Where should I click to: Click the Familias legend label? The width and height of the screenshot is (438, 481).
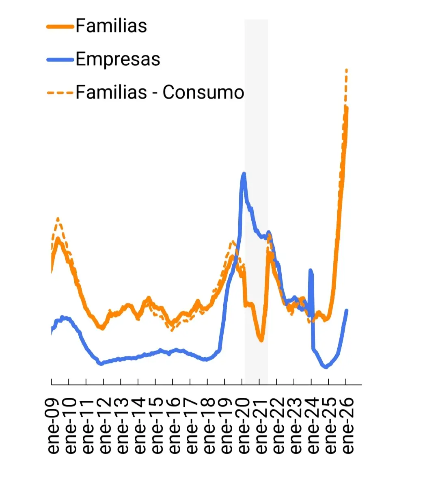111,26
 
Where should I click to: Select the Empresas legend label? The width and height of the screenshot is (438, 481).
118,59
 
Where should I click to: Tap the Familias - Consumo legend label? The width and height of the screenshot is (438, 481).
160,92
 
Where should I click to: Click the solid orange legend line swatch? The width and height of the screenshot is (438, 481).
60,26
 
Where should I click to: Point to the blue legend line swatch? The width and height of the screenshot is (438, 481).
60,60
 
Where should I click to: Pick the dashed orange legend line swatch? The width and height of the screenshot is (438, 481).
60,93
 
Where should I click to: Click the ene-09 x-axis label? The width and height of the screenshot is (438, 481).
53,425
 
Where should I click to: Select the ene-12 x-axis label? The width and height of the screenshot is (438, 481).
105,425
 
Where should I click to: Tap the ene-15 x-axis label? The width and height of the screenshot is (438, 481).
157,425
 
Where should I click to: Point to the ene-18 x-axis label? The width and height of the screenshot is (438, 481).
209,425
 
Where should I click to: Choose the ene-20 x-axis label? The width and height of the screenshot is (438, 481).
244,425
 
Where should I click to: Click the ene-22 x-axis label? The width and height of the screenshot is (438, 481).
278,425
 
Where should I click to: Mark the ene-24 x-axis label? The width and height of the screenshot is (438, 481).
313,425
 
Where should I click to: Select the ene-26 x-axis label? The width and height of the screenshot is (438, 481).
348,425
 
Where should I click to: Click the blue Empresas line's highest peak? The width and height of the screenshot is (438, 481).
244,174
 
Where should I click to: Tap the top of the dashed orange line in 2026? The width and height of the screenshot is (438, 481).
346,70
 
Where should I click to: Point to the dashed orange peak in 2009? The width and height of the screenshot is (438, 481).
58,218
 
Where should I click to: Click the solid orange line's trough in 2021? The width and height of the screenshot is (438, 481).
261,340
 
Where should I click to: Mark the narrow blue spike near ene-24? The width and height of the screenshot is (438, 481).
311,270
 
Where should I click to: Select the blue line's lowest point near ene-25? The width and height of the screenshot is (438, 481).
325,367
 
